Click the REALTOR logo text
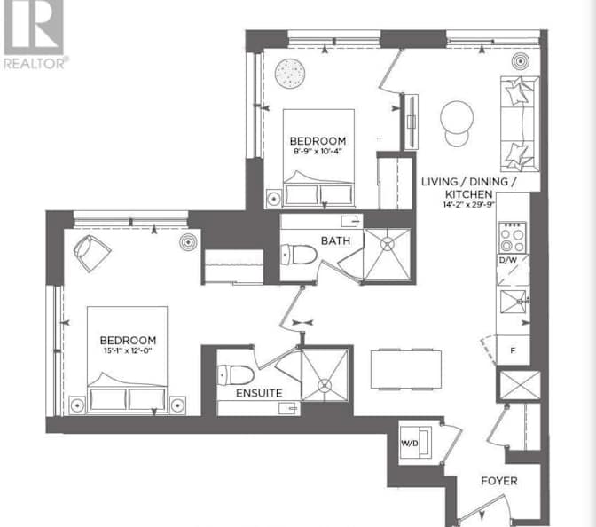coord(35,63)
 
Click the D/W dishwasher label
coord(508,260)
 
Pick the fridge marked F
coord(513,350)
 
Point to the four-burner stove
coord(512,236)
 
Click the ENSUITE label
coord(259,392)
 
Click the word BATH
coord(336,240)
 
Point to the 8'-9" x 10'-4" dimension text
coord(318,153)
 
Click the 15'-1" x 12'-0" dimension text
coord(128,352)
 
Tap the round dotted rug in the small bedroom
coord(288,73)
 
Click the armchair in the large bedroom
coord(90,252)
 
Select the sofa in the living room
coord(519,122)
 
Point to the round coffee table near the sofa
coord(459,116)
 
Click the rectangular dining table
coord(404,368)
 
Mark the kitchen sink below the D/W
coord(512,302)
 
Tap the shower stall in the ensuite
coord(325,372)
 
